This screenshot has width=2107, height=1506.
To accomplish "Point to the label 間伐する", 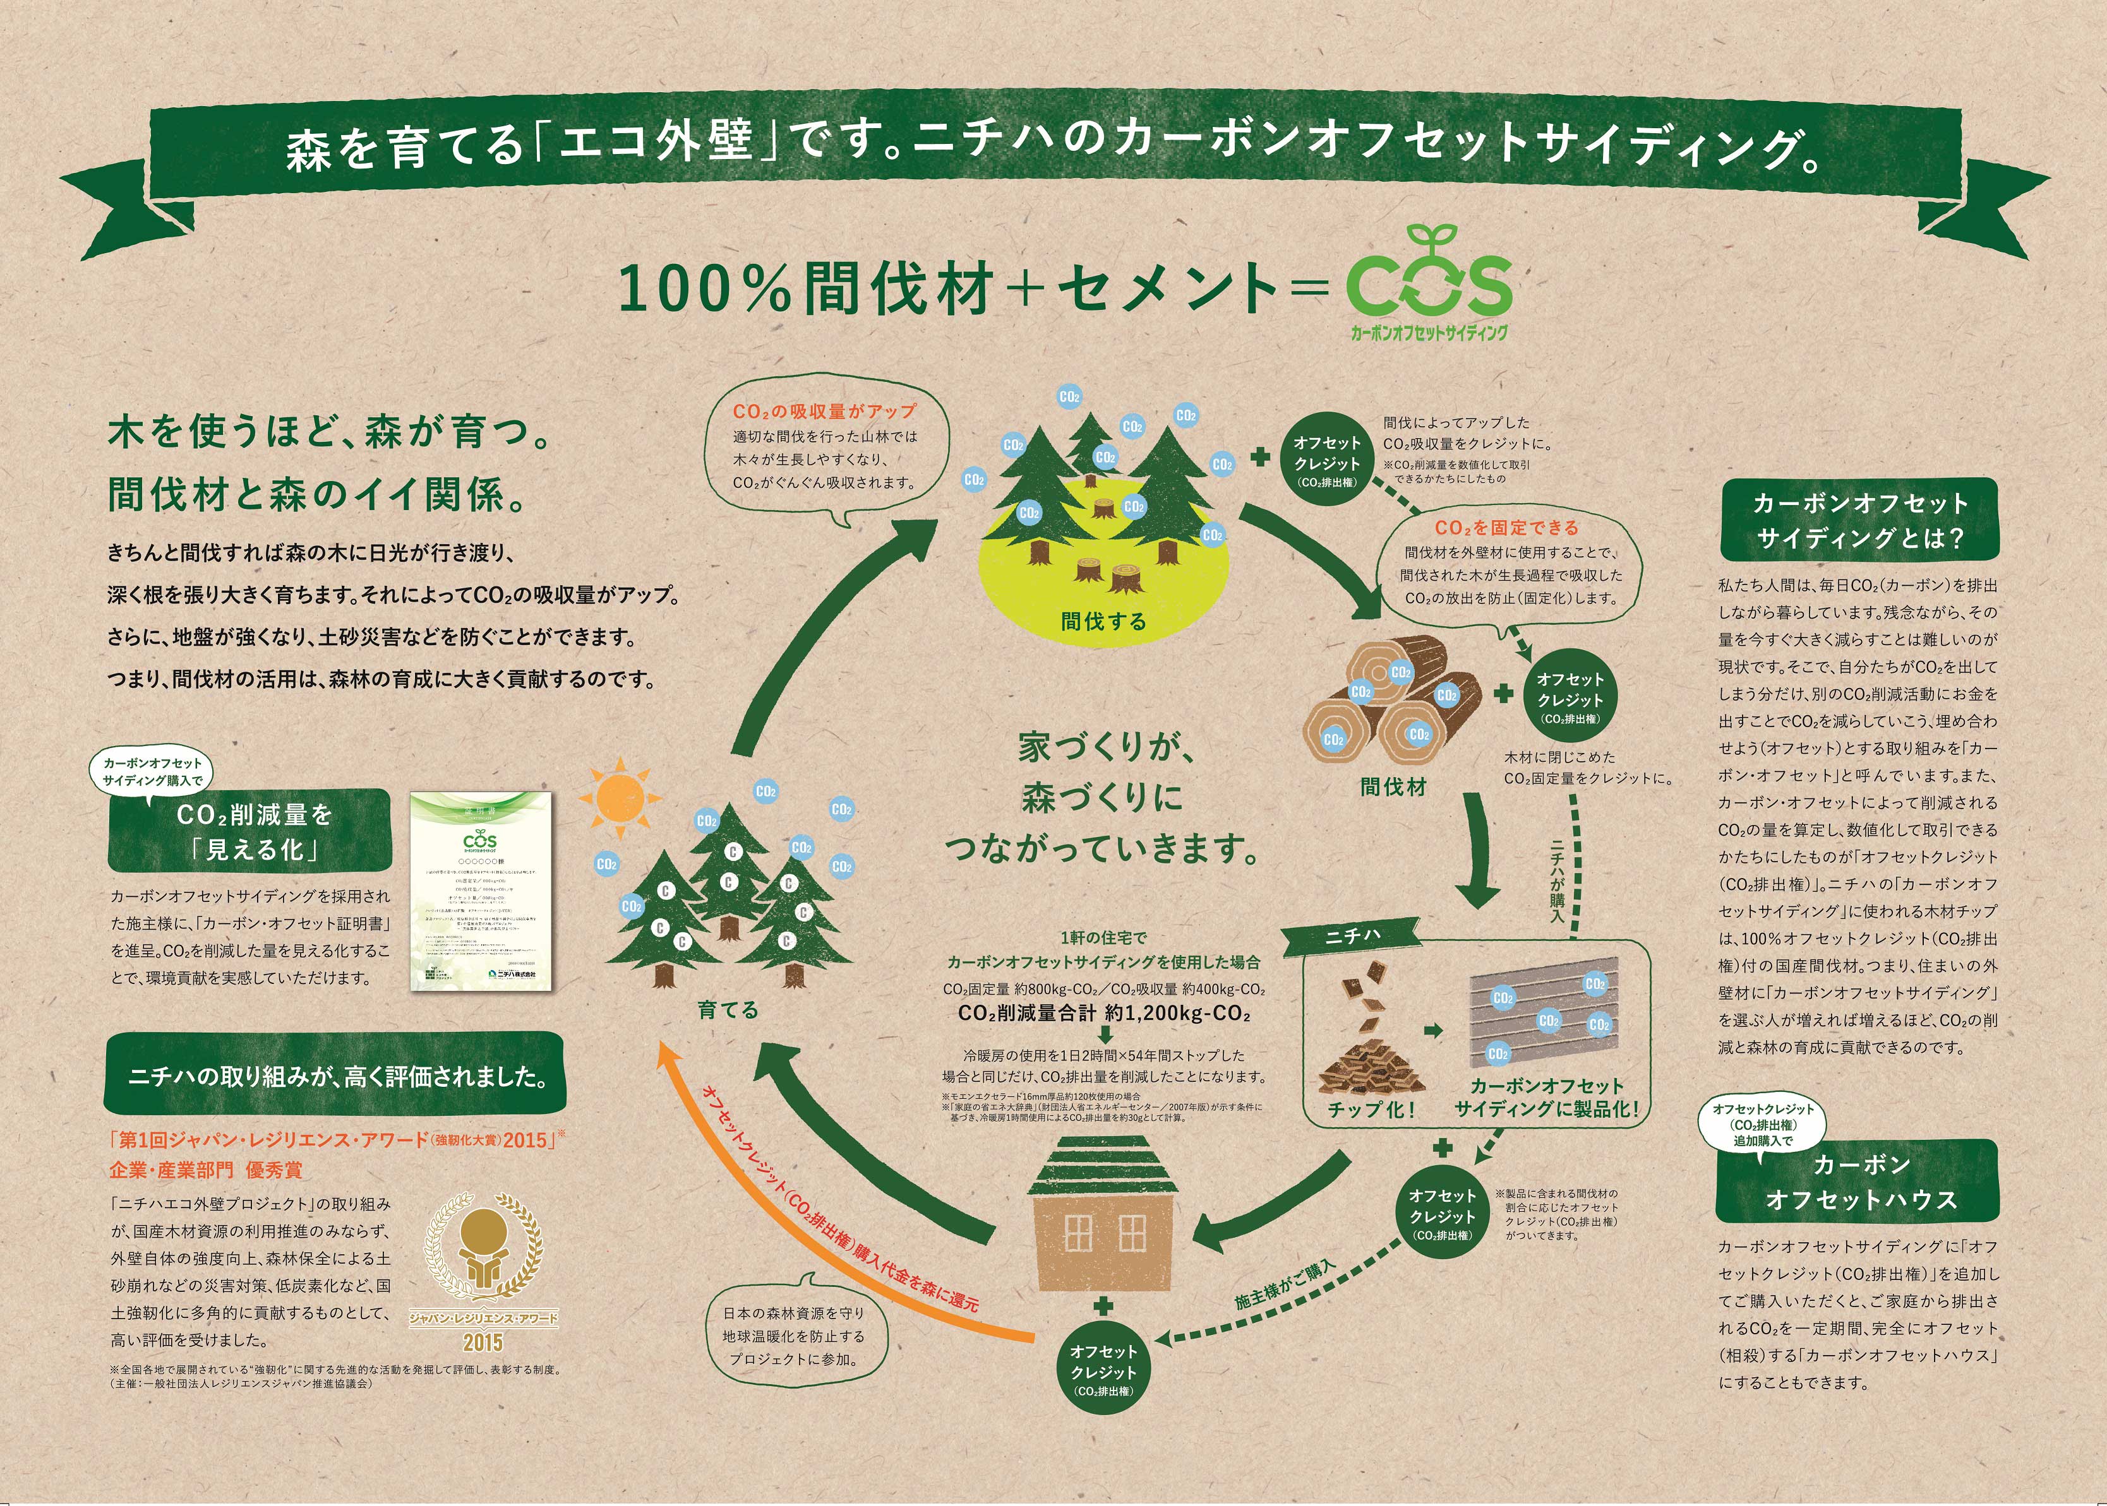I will click(x=1103, y=620).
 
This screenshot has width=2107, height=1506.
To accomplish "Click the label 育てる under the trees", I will click(x=728, y=1009).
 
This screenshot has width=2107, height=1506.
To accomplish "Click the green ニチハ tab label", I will click(x=1352, y=937).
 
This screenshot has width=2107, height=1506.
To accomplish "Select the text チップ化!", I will click(x=1371, y=1109).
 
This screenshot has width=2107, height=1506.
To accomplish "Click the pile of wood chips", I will click(x=1371, y=1067).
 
